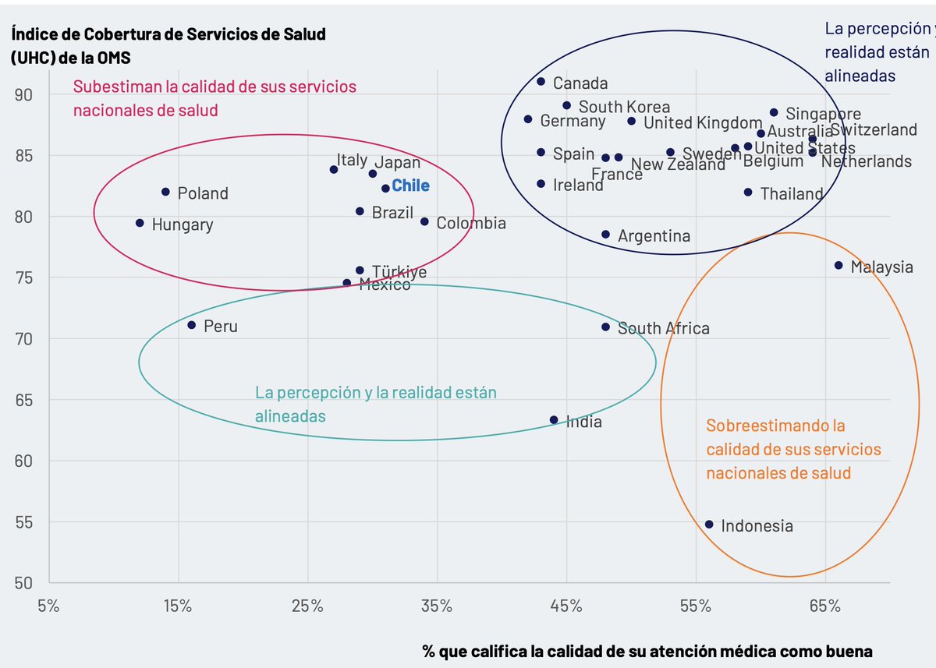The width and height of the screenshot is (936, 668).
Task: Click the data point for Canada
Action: point(541,82)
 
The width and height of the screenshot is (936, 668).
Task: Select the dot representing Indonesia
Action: point(709,525)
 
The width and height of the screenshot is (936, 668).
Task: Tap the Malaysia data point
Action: point(838,266)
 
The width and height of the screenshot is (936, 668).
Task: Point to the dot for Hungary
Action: point(140,223)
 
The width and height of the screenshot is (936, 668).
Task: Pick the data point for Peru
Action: point(191,325)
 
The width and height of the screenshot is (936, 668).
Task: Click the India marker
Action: point(554,420)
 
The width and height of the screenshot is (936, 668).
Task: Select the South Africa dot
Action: point(605,327)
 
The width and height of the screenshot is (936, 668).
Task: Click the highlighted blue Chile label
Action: point(410,186)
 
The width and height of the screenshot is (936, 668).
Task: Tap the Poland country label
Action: point(203,193)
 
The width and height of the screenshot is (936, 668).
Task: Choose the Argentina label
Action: point(654,235)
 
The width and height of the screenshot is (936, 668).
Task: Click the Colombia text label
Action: point(471,224)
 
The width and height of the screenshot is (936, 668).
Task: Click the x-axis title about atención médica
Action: point(647,651)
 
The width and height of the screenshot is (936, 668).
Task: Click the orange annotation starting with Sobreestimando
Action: point(793,450)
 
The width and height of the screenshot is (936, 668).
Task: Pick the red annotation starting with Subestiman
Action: point(214,98)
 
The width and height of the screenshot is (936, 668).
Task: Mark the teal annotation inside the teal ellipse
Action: point(375,405)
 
